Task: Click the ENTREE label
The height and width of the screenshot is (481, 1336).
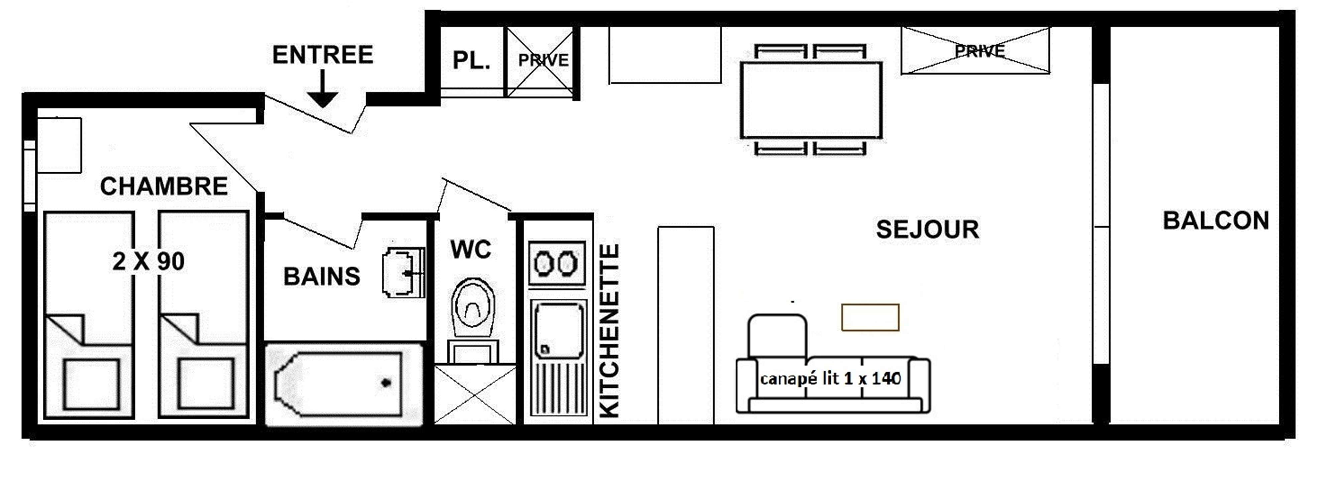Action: (323, 55)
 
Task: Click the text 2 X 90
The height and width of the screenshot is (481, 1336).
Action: (148, 261)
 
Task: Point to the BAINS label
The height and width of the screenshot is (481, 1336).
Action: (322, 276)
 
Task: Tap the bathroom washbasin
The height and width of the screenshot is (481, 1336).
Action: (404, 272)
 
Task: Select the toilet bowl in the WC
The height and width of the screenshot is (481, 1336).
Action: (472, 308)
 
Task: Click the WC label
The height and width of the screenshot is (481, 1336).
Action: (471, 249)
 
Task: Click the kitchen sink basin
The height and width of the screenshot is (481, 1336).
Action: (559, 330)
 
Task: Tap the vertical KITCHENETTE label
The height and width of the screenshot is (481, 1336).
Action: (609, 331)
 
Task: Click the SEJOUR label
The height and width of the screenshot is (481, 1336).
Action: (927, 229)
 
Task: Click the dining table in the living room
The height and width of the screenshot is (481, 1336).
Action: (811, 100)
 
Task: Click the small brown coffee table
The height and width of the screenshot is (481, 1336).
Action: (870, 317)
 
